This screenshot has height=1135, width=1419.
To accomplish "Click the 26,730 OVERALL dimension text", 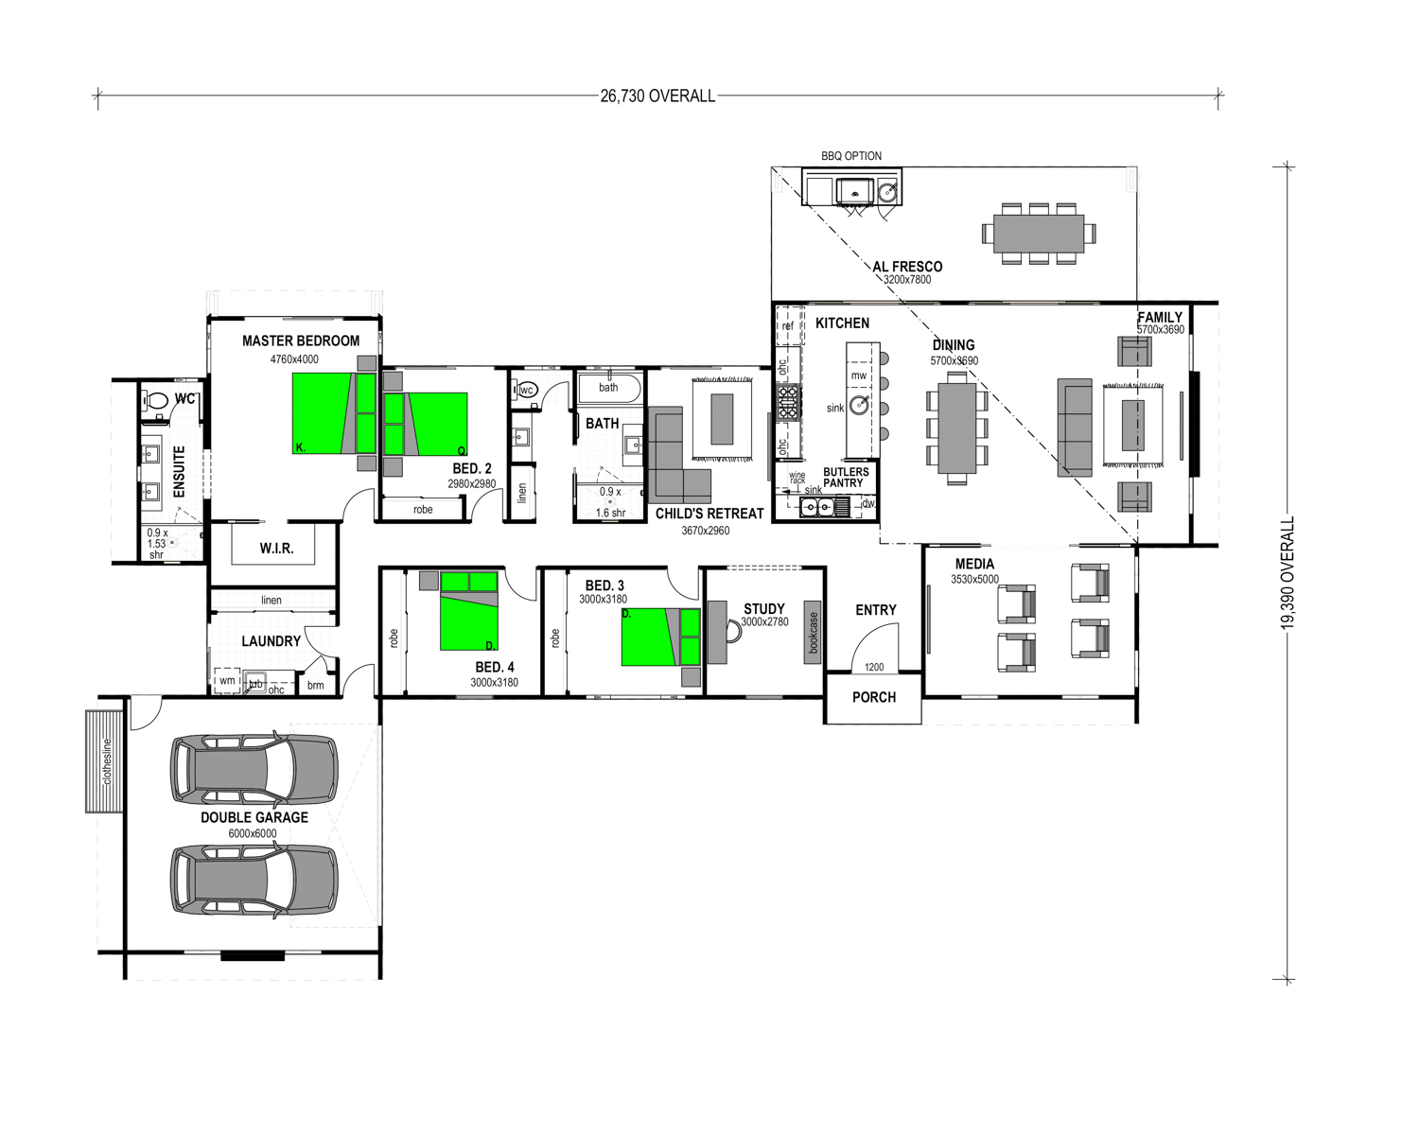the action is tap(657, 96).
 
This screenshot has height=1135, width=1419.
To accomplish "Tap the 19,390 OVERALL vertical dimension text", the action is tap(1288, 573).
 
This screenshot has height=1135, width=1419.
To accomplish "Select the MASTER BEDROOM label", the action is tap(301, 340).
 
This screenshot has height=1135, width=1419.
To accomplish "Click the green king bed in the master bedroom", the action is tap(334, 413).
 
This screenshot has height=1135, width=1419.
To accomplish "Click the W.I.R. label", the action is tap(276, 548).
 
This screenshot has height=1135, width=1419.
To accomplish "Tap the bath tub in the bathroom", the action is tap(609, 389).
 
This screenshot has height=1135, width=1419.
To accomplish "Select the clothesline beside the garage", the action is tap(104, 761).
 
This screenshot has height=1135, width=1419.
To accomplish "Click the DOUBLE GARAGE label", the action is tap(254, 817).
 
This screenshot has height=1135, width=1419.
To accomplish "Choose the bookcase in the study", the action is tap(813, 633).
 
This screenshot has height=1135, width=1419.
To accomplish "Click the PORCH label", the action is tap(874, 697).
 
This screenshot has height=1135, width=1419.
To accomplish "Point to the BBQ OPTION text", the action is tap(851, 156).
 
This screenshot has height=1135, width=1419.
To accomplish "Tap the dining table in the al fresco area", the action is tap(1039, 234).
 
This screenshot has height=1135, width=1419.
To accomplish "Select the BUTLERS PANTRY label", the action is tap(846, 478).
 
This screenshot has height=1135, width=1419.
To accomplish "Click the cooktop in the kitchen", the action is tap(789, 402).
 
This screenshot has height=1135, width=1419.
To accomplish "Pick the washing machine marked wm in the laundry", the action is tap(227, 681).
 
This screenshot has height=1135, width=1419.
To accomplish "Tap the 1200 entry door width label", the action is tap(874, 668).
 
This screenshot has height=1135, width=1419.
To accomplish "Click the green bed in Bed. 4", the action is tap(469, 611).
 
